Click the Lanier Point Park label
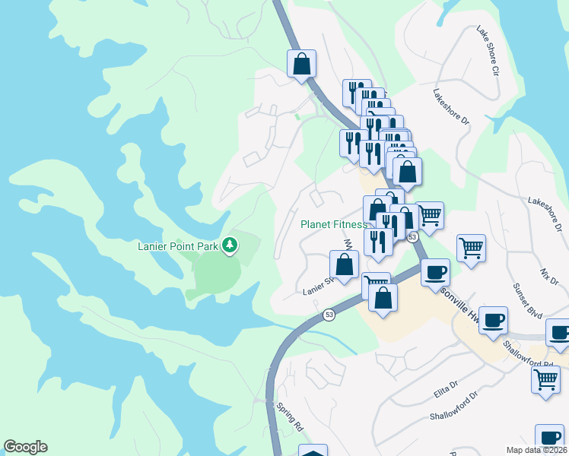coord(178,245)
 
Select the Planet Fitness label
coord(333,224)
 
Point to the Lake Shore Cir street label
coord(486,51)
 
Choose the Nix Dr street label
coord(549,276)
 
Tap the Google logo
coord(26,447)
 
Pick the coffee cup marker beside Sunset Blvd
coord(493,319)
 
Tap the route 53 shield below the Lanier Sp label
coord(329,315)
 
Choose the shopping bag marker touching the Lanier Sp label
coord(344,264)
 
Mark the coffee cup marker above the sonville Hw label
coord(435,272)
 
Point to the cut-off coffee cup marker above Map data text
coord(549,437)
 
